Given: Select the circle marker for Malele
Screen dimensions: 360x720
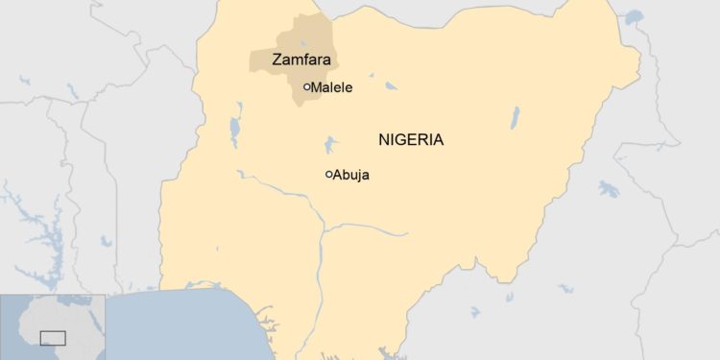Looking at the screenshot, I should coord(306,87).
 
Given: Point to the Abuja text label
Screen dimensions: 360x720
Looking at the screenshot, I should coord(351,175).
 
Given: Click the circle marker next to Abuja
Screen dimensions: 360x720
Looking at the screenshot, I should coord(328,175).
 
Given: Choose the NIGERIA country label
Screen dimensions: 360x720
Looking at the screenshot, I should coord(411,139).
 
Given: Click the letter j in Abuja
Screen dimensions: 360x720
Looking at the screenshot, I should coord(357,176).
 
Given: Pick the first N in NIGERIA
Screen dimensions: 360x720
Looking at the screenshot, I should coord(384,139).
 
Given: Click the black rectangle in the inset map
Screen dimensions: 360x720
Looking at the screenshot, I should coord(53,337).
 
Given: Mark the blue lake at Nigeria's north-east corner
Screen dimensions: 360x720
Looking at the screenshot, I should coord(633,16).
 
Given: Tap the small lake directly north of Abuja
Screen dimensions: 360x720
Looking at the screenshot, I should coord(330,145).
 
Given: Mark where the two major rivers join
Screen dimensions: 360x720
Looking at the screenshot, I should coord(324,229).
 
